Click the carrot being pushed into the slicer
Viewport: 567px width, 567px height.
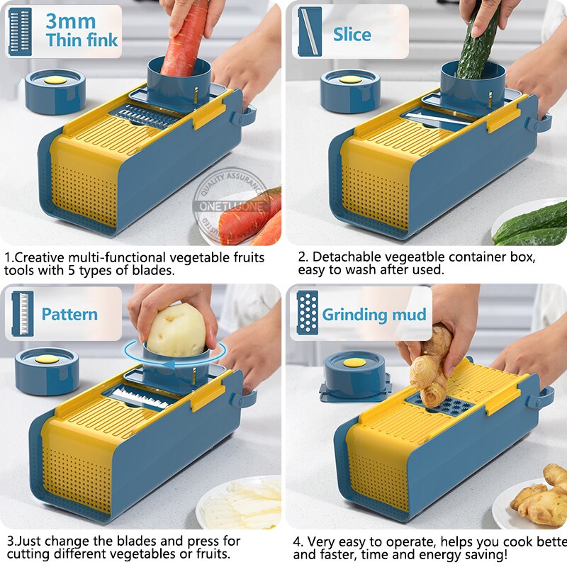186,38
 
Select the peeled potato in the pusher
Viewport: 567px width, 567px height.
176,330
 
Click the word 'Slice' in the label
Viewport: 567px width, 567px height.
352,34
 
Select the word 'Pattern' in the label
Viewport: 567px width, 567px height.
69,314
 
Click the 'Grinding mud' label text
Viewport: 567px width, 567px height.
374,315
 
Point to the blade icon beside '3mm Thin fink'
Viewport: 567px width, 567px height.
20,32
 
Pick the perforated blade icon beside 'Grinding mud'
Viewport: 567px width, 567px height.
307,313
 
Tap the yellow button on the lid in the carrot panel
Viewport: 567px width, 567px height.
55,80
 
